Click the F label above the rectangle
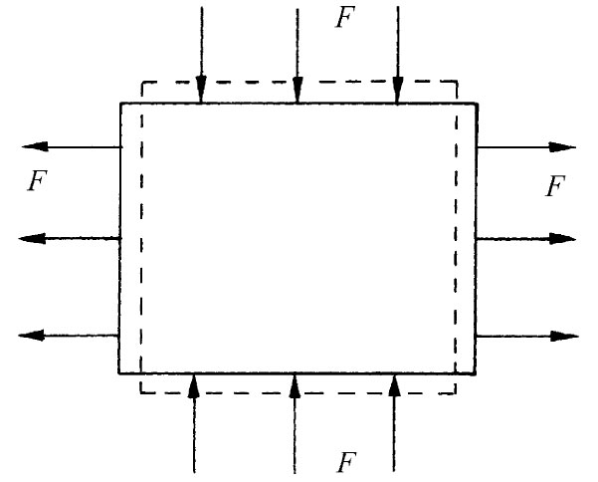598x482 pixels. (x=344, y=19)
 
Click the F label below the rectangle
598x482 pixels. (x=345, y=461)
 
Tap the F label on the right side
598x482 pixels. (x=556, y=185)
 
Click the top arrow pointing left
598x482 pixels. (x=70, y=147)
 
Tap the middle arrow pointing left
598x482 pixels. (x=70, y=239)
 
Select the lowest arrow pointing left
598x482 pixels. (x=70, y=335)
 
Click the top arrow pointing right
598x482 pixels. (x=526, y=147)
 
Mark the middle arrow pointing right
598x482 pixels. (x=526, y=239)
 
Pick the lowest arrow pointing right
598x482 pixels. (x=526, y=336)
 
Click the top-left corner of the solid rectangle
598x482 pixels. (x=120, y=103)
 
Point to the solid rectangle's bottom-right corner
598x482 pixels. (x=476, y=373)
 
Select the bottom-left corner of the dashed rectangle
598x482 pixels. (x=140, y=392)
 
